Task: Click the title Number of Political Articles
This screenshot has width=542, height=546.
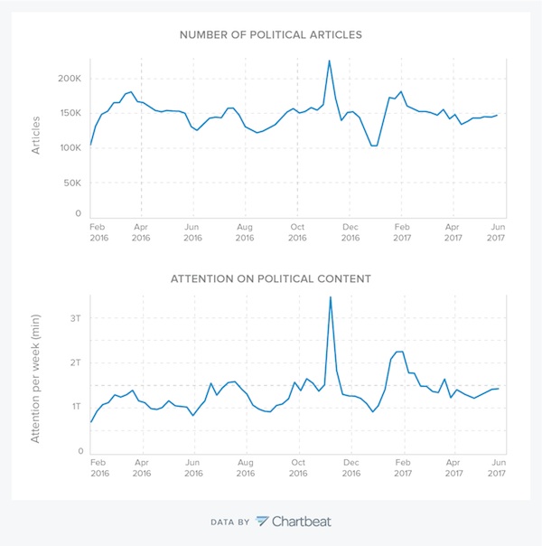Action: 270,35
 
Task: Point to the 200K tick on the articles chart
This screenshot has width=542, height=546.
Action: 69,79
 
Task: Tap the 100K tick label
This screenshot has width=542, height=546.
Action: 69,147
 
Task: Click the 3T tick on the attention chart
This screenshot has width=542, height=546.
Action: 76,318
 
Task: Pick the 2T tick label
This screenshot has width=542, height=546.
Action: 76,362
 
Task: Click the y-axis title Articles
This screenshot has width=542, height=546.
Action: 37,135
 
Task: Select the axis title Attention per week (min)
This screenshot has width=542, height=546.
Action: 37,373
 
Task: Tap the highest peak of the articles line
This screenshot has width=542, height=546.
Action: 329,61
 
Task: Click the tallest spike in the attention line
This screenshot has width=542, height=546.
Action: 330,297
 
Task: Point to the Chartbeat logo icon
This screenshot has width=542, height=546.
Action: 262,521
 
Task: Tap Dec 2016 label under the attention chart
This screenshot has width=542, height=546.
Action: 350,467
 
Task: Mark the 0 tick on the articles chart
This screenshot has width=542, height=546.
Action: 79,214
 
